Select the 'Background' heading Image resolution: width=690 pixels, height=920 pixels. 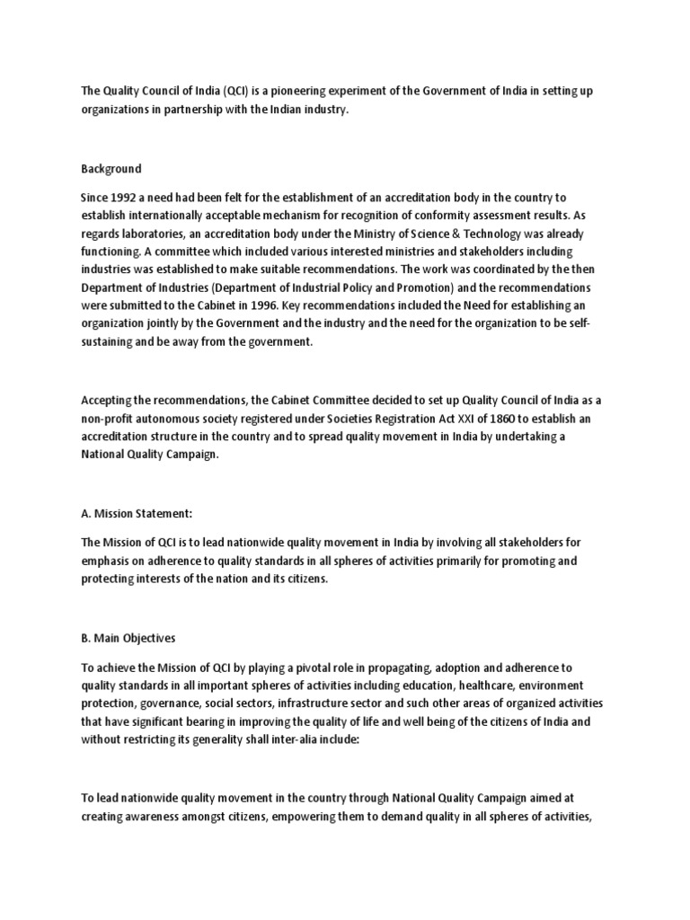(111, 168)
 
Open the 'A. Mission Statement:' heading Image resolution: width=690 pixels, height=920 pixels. (137, 513)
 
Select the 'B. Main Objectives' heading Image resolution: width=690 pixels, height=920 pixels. (128, 638)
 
